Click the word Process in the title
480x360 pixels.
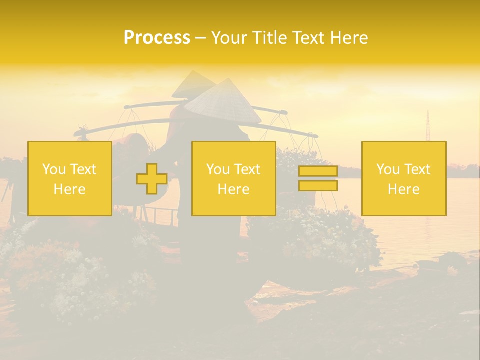[x=157, y=38]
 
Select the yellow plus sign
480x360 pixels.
[x=152, y=179]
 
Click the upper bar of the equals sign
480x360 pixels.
[x=318, y=171]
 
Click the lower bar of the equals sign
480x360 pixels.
[x=318, y=185]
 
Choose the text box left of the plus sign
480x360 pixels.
[x=70, y=179]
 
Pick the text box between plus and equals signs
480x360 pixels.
[x=233, y=179]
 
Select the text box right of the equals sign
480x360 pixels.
[x=404, y=179]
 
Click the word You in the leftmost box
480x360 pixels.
[x=53, y=169]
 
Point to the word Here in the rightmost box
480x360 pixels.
[x=404, y=189]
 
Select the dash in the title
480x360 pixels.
[x=200, y=38]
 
